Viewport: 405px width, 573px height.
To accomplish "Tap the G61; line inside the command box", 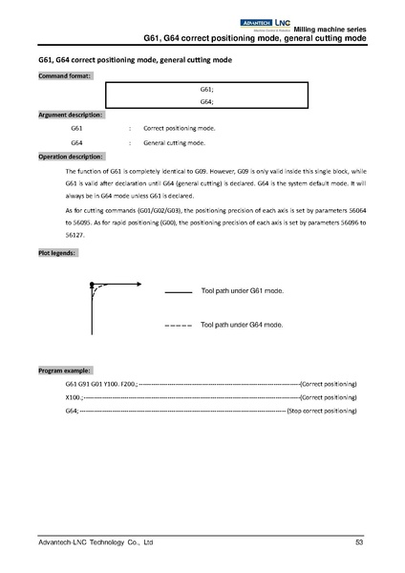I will click(x=206, y=89).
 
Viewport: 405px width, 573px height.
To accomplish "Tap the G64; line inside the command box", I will click(x=206, y=101).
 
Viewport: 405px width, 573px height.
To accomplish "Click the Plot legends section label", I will click(x=58, y=253).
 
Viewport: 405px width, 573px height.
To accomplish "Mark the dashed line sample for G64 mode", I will click(x=179, y=326).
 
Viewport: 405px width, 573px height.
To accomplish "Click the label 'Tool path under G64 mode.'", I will click(x=242, y=325).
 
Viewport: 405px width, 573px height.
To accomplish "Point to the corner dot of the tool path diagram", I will click(x=91, y=285).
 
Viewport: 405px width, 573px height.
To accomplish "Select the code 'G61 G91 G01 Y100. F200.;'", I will click(x=101, y=383).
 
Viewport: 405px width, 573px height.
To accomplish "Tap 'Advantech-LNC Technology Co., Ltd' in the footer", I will click(x=95, y=541).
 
